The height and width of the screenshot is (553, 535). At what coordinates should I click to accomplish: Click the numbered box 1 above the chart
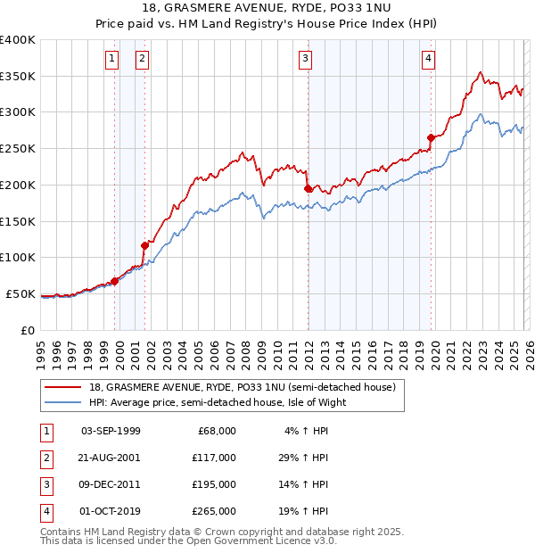[112, 60]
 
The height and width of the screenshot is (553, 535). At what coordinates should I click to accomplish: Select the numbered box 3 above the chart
[305, 60]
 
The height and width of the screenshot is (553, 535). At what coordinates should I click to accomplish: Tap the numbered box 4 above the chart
[429, 60]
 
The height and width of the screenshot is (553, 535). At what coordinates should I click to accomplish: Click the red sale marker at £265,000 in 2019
[431, 137]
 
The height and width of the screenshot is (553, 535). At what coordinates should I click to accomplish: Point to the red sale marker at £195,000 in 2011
[308, 188]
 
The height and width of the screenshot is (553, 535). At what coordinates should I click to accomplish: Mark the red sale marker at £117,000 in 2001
[144, 244]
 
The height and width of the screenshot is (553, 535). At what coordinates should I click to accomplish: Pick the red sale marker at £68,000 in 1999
[114, 280]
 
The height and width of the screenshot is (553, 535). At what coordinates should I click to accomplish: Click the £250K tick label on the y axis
[18, 148]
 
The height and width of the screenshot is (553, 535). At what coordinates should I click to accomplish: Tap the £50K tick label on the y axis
[21, 293]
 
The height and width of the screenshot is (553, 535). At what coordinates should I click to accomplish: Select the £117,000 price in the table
[214, 458]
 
